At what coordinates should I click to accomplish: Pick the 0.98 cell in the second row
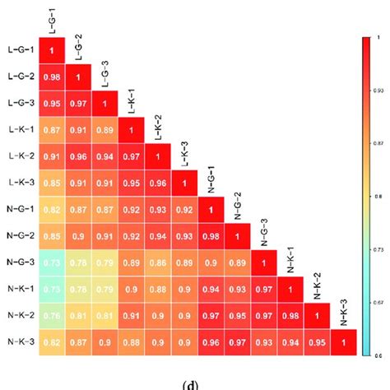53,77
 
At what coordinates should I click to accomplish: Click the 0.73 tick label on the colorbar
377,248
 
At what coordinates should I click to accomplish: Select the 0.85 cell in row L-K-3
53,182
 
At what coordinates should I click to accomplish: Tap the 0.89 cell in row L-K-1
104,130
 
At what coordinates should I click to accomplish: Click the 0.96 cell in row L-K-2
79,156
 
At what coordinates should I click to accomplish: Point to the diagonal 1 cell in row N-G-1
210,209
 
